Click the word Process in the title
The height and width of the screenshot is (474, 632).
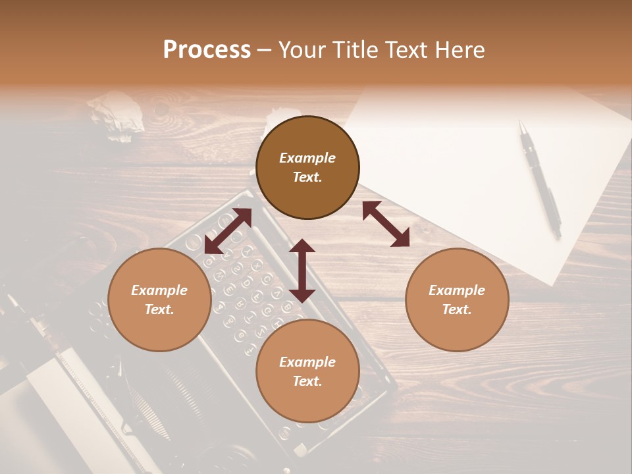(x=207, y=50)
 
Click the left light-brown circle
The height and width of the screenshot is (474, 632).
(x=159, y=300)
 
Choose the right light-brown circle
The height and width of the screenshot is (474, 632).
(x=457, y=300)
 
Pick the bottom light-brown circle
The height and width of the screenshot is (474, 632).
(x=307, y=371)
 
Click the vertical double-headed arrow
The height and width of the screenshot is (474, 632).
(x=302, y=271)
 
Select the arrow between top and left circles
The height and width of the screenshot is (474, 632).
(x=228, y=231)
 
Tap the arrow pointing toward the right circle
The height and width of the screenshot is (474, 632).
(x=386, y=224)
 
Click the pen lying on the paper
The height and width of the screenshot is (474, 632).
(x=540, y=178)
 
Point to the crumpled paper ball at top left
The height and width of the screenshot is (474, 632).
(x=117, y=116)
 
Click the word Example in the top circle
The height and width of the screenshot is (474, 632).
(x=307, y=158)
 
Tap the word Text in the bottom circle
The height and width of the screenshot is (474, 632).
(x=307, y=381)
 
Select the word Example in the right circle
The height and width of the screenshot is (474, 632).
(x=457, y=290)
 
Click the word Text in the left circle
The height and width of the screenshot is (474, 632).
(x=159, y=309)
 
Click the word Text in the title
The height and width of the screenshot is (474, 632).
(x=406, y=50)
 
